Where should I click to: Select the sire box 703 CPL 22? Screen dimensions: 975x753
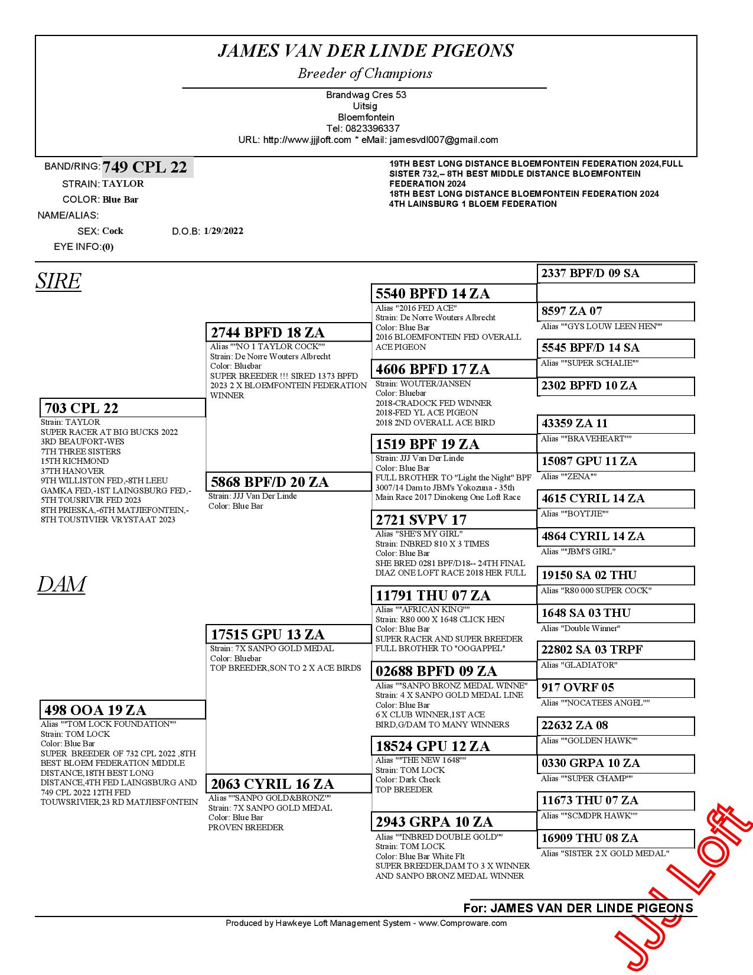coord(122,408)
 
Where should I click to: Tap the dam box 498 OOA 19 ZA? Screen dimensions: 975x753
coord(122,710)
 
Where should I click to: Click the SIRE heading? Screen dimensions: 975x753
coord(58,281)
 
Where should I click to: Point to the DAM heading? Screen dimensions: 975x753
coord(61,584)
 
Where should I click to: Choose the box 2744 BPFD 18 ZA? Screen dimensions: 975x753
coord(288,333)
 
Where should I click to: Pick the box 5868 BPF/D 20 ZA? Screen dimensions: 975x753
coord(288,482)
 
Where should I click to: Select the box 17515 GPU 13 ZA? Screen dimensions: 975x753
coord(288,635)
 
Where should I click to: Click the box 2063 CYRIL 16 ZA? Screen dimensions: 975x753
coord(288,784)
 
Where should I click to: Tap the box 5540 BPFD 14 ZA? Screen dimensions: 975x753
coord(454,294)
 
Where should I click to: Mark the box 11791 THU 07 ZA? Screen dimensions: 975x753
coord(454,596)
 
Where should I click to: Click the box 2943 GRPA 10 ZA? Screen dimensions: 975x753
coord(454,822)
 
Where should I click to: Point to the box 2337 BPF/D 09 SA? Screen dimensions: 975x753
coord(615,274)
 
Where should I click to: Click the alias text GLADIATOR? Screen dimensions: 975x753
coord(579,665)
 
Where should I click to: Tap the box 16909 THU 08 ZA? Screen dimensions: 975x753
coord(615,838)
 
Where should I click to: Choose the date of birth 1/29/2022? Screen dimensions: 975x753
coord(223,231)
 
